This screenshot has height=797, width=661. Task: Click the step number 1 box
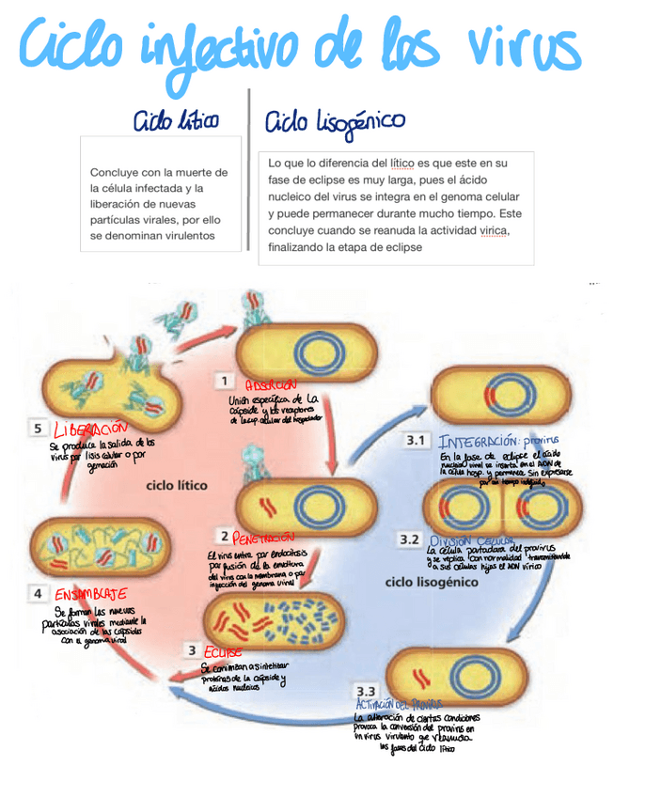point(225,381)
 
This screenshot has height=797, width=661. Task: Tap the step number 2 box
point(224,536)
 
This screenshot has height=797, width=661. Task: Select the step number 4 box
point(37,594)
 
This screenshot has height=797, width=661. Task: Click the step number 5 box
point(37,429)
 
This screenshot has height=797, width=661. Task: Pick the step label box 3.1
point(417,439)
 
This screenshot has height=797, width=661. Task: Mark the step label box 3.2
point(409,539)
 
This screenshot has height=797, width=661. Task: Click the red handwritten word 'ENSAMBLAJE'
point(90,594)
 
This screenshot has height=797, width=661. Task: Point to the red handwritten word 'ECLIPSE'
point(223,651)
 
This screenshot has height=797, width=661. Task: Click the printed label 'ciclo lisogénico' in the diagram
point(432,582)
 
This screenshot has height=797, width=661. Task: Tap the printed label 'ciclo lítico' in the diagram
point(176,486)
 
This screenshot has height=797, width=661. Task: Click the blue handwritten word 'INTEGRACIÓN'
point(479,440)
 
